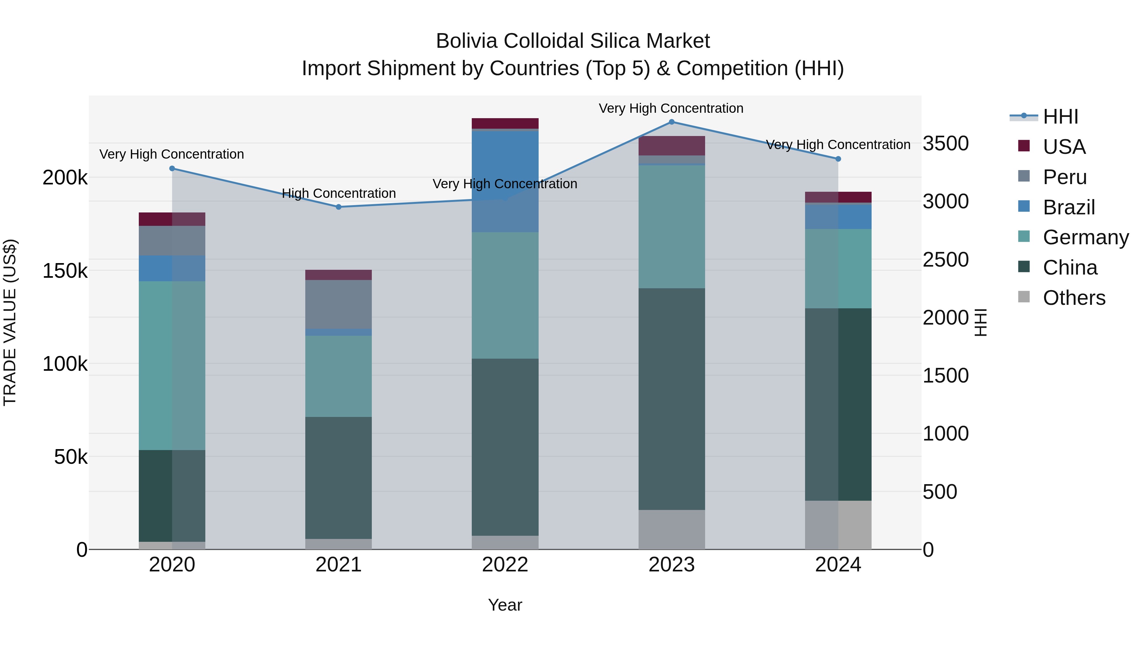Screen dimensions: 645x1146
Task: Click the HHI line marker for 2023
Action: point(671,122)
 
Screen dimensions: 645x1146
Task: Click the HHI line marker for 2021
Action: point(339,207)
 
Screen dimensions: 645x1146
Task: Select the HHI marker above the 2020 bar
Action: point(172,168)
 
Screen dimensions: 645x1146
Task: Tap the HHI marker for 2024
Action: point(838,159)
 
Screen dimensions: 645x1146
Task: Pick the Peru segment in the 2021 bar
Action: point(339,304)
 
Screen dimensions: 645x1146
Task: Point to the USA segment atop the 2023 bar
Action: point(671,146)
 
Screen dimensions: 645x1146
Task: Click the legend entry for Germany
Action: point(1086,237)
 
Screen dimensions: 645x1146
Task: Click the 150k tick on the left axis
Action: point(65,271)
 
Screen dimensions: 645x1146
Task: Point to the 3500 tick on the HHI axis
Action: point(945,143)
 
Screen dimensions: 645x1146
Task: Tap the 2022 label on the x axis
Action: point(505,565)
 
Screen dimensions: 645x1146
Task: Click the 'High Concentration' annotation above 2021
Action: point(339,193)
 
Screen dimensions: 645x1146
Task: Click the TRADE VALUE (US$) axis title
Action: point(10,322)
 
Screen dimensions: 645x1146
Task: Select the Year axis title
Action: point(505,605)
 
